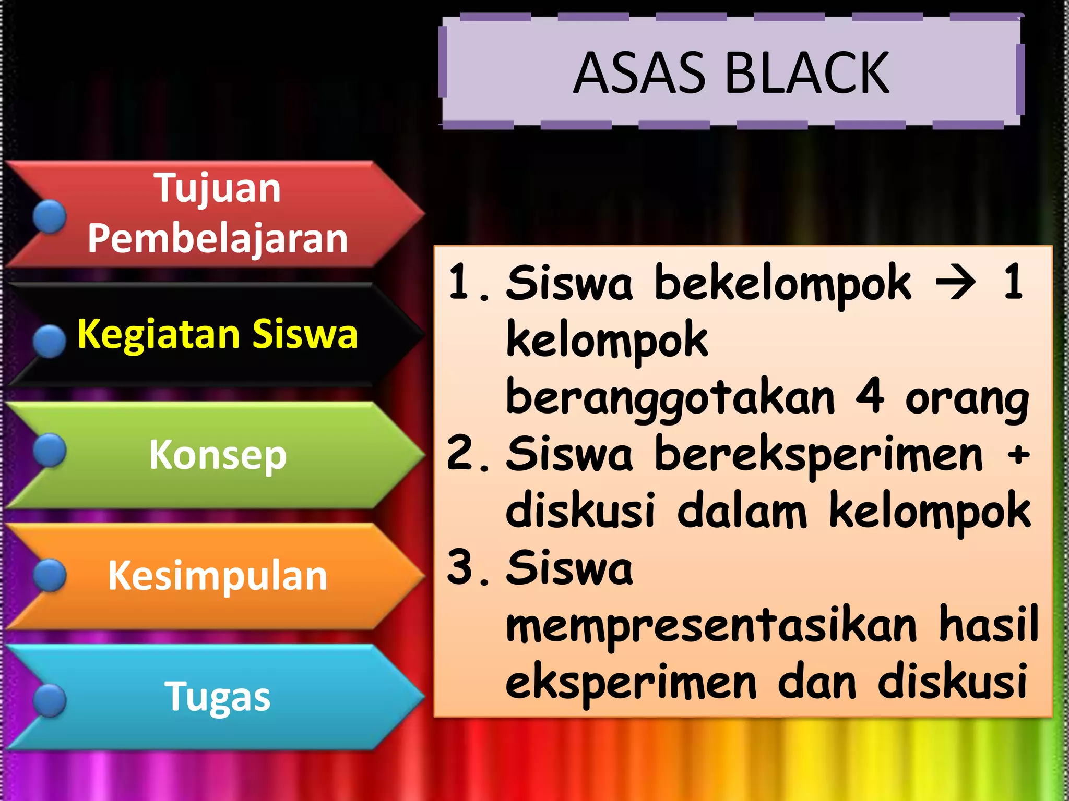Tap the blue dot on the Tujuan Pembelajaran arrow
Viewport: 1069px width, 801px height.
coord(50,216)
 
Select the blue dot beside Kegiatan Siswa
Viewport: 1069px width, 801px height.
coord(50,341)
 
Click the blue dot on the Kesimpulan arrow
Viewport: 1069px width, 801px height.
coord(50,575)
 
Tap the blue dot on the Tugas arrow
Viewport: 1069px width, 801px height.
coord(50,700)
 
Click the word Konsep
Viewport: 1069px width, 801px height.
coord(218,455)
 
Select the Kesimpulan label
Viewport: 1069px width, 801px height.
coord(218,576)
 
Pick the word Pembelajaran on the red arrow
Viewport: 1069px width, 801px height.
coord(218,238)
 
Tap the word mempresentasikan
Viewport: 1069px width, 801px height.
coord(711,626)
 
